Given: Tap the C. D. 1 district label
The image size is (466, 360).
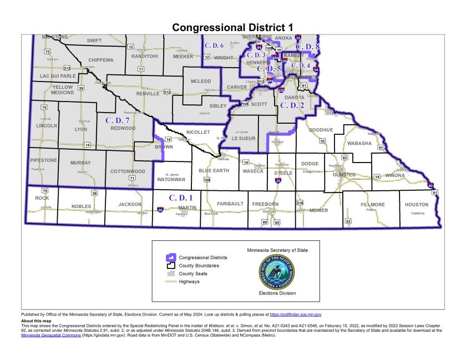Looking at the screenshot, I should tap(180, 197).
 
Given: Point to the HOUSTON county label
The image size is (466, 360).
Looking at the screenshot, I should tap(416, 205).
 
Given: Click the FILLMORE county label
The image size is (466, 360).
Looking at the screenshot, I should tap(373, 205).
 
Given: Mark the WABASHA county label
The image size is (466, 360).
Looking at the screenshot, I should tap(359, 143).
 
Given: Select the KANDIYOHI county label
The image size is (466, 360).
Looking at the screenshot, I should tap(144, 56).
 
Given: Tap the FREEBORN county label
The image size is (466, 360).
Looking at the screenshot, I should tap(264, 204).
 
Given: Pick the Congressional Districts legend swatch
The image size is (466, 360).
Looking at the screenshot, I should tap(171, 257).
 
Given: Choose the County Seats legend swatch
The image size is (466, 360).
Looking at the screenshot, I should tap(171, 274).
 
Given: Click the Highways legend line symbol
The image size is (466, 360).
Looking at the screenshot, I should tap(171, 282).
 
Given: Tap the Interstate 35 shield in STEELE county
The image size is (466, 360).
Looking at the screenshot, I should tap(278, 181).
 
